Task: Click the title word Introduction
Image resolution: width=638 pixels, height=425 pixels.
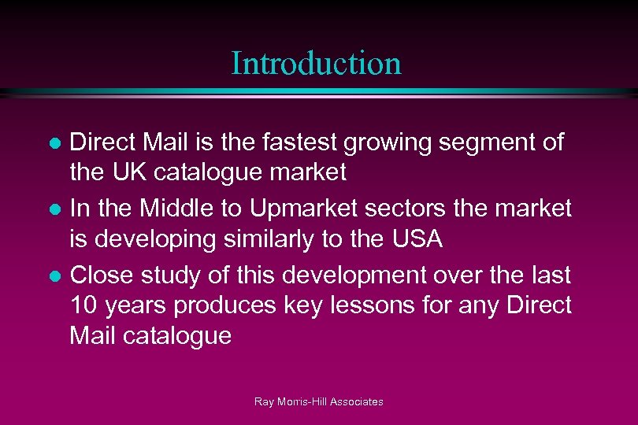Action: click(316, 63)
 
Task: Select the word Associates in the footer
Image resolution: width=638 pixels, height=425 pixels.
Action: click(357, 401)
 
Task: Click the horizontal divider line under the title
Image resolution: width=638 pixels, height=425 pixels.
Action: click(319, 91)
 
